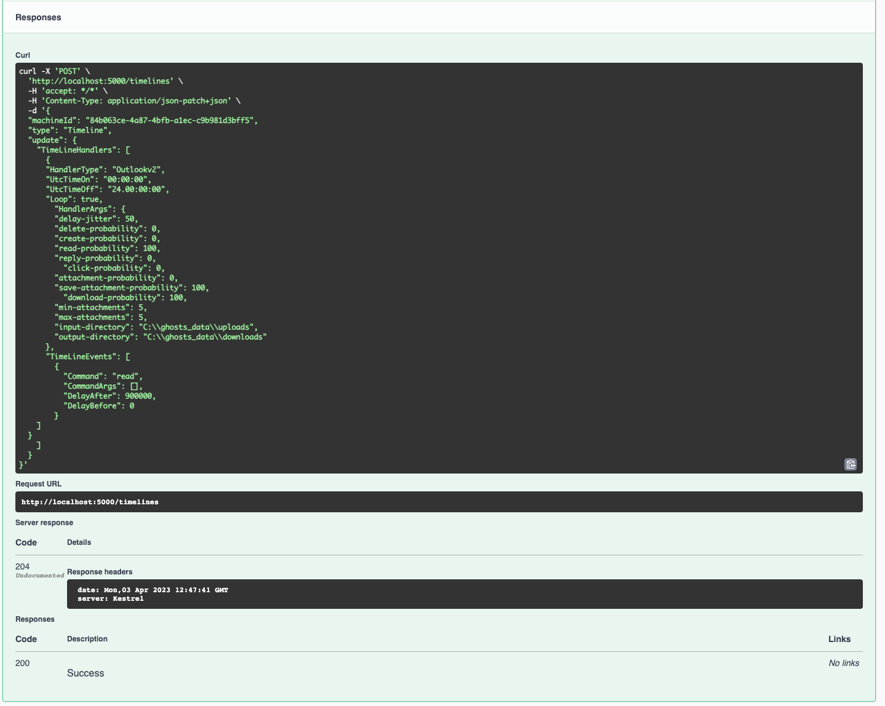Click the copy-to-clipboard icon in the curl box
[x=850, y=464]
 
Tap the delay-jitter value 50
[x=130, y=219]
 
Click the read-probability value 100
[x=150, y=248]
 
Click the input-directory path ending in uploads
[x=198, y=327]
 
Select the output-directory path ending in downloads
[x=205, y=337]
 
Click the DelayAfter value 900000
[x=139, y=396]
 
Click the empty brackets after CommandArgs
[x=134, y=386]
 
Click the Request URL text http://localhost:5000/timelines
[x=90, y=502]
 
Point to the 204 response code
[x=22, y=566]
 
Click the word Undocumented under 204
[x=39, y=576]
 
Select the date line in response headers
[x=153, y=590]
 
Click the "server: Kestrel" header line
[x=111, y=598]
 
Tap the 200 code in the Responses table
[x=22, y=663]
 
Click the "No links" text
[x=843, y=663]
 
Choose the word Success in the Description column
[x=85, y=673]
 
